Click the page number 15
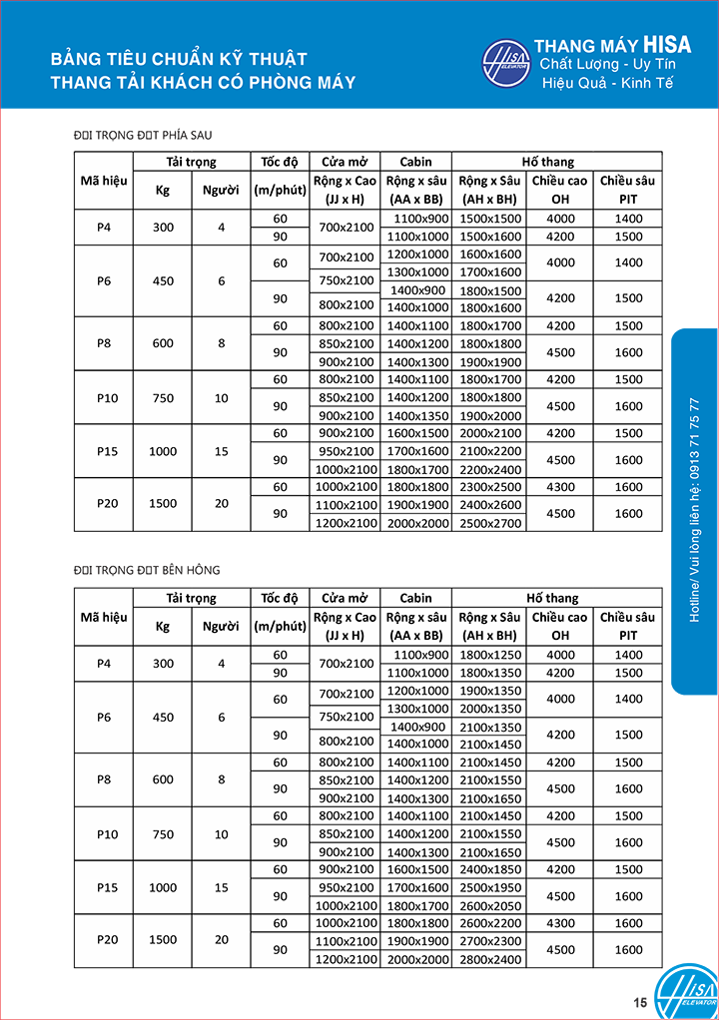tap(640, 1002)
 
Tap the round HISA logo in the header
tap(507, 66)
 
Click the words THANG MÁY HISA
tap(612, 46)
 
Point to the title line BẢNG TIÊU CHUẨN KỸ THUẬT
tap(179, 60)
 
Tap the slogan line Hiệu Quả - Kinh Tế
tap(607, 83)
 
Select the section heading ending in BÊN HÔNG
tap(147, 570)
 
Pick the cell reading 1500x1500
tap(490, 219)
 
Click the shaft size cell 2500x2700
tap(490, 523)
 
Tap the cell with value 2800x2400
tap(490, 959)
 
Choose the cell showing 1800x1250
tap(490, 655)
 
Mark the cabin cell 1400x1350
tap(417, 415)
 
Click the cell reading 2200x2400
tap(490, 469)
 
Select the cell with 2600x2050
tap(490, 905)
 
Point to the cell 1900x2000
tap(490, 415)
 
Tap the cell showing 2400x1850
tap(490, 869)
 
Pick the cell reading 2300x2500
tap(490, 487)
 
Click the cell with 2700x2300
tap(490, 941)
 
